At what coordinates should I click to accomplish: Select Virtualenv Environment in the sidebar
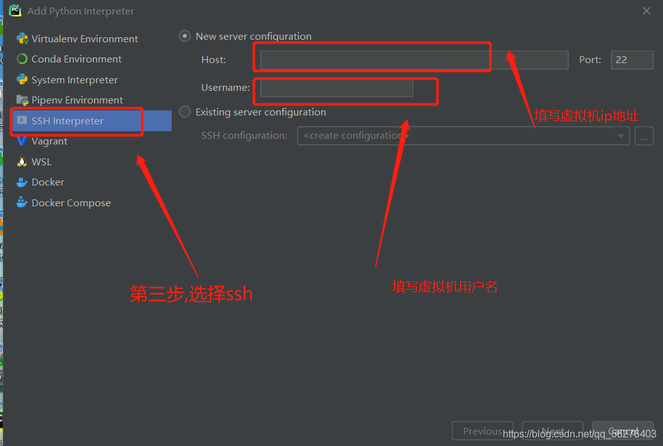85,38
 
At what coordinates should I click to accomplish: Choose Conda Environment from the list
76,59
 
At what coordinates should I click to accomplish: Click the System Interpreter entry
74,80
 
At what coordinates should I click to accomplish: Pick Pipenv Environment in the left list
77,100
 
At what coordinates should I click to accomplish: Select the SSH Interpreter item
67,121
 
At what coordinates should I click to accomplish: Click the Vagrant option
49,141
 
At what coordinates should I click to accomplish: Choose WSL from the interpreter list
42,162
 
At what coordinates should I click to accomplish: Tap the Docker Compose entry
71,203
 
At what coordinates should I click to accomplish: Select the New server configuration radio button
185,37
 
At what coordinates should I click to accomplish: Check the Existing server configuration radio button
185,112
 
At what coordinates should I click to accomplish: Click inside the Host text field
414,60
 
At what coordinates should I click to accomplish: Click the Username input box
336,88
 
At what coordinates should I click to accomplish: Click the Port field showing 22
631,60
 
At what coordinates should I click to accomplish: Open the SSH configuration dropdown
463,136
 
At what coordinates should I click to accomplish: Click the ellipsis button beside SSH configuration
644,136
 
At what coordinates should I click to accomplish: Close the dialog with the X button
647,11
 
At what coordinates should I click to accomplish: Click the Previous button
483,431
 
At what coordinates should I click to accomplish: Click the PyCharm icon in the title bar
15,10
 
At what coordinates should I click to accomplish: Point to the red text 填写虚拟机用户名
445,287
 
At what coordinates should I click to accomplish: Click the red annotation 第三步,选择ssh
191,294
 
